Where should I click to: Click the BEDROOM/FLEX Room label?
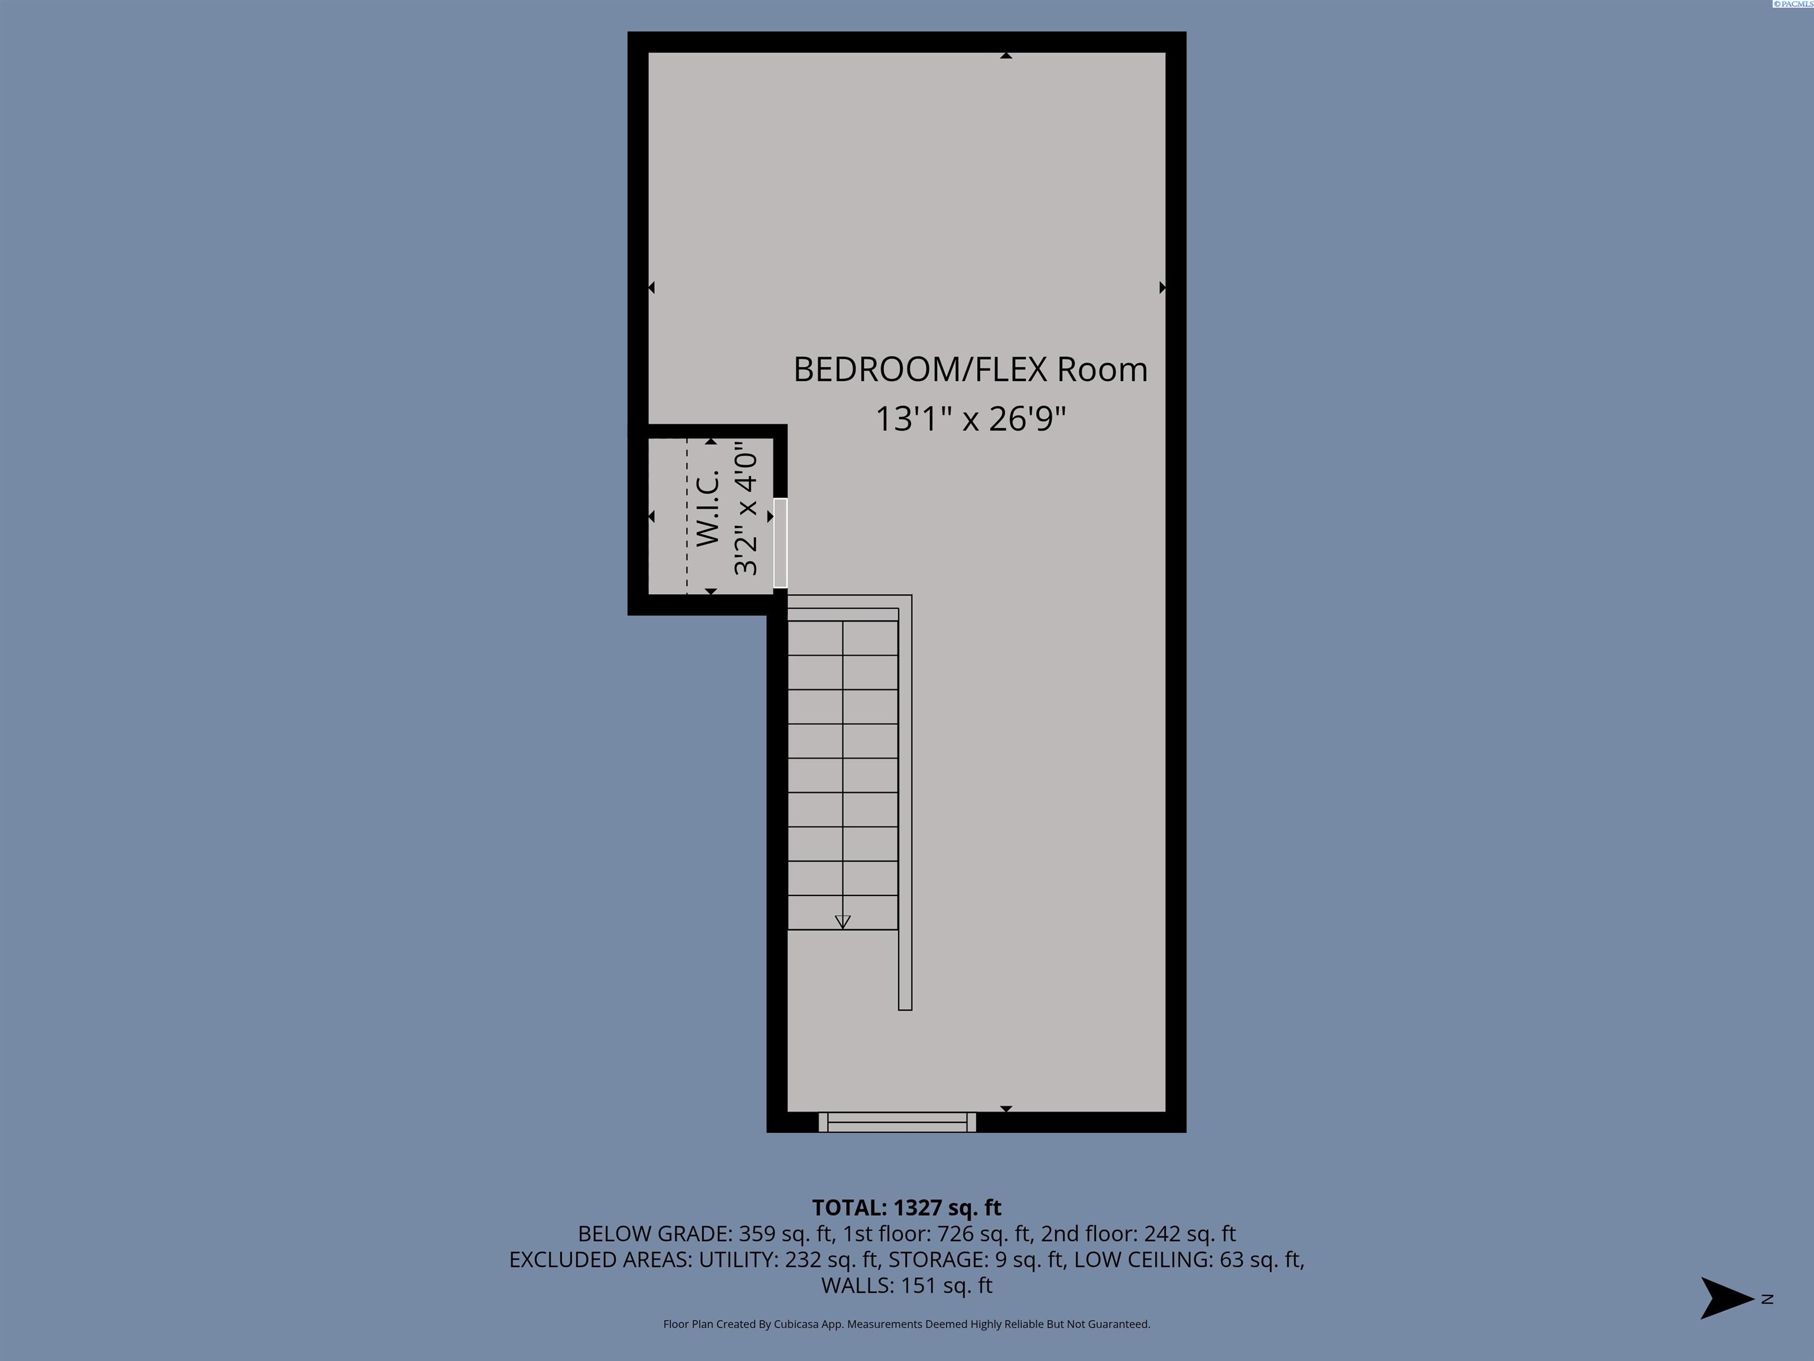click(970, 369)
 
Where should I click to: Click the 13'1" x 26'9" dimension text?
click(970, 418)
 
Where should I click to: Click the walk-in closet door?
click(780, 542)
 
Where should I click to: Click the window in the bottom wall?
click(897, 1122)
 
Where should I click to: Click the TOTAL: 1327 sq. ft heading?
click(906, 1207)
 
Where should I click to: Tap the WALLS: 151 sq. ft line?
click(906, 1285)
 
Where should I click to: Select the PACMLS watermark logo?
click(1793, 4)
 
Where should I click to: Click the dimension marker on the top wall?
click(1006, 56)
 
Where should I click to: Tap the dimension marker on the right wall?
click(1162, 287)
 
